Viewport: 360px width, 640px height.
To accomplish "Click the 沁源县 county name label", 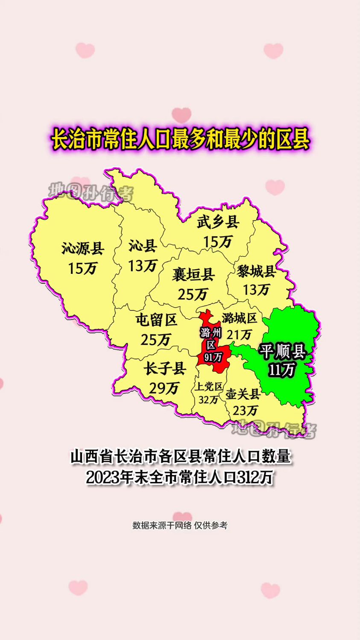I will point(83,248).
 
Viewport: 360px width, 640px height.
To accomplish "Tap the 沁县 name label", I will point(143,246).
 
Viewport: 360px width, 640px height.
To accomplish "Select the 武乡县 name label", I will point(218,222).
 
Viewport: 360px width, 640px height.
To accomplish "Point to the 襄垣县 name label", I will point(193,274).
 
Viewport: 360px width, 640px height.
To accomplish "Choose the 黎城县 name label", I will point(257,271).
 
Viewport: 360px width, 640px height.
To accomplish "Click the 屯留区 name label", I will point(156,320).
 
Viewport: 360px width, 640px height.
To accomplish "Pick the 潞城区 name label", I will point(240,318).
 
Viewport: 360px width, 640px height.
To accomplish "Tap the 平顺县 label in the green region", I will point(282,351).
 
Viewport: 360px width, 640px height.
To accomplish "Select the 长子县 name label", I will point(164,368).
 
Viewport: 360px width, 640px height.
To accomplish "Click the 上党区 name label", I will point(209,387).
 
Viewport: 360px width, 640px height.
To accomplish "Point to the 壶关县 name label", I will point(243,394).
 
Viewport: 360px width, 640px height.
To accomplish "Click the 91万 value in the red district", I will point(212,357).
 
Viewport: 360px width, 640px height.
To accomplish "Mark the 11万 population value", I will point(282,370).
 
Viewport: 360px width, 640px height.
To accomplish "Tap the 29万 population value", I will point(164,388).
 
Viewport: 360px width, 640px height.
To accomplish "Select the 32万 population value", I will point(208,400).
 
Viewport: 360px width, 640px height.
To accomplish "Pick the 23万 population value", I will point(245,411).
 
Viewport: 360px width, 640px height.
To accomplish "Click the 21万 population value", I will point(239,335).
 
